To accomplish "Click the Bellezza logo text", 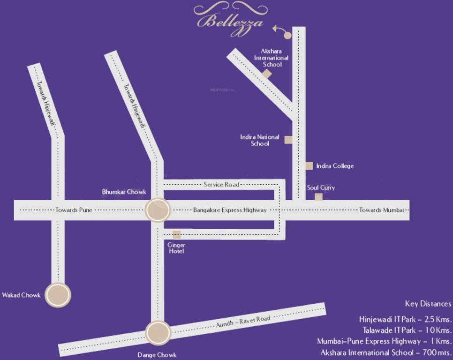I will pos(230,21).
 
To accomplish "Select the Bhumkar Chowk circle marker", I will pos(157,210).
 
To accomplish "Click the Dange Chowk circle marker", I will pos(158,332).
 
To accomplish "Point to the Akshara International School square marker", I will pos(267,74).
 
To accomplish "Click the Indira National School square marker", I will pos(288,140).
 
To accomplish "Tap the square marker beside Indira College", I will pos(309,165).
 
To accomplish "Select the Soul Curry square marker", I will pos(318,197).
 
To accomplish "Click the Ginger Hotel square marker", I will pos(176,234).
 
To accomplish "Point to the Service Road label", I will pos(221,185).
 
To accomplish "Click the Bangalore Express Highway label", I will pos(230,210).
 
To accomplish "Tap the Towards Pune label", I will pos(74,210).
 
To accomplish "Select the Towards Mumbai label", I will pos(381,210).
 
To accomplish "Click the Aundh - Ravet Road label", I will pos(243,322).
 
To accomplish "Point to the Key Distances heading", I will pos(428,304).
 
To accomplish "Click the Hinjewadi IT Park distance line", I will pos(405,320).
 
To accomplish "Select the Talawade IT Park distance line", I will pos(407,330).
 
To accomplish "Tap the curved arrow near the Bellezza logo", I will pos(282,31).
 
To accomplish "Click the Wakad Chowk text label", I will pos(21,295).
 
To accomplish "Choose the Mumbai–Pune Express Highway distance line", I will pos(384,341).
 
